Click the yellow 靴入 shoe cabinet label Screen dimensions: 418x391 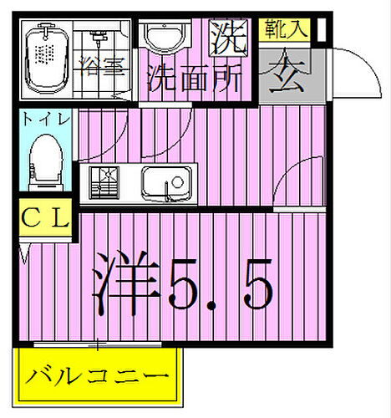[x=286, y=29]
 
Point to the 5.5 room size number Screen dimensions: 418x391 [x=221, y=284]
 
